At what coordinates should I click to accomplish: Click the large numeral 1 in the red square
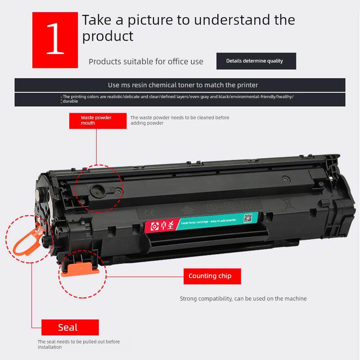tap(55, 40)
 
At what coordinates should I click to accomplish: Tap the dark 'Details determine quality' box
tap(256, 61)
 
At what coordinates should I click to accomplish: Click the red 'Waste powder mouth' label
tap(96, 120)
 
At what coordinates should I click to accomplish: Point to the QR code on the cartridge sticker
tap(247, 218)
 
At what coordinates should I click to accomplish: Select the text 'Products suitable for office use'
tap(146, 62)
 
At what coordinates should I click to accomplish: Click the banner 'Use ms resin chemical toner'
tap(180, 85)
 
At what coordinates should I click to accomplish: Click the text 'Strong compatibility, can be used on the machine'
tap(243, 298)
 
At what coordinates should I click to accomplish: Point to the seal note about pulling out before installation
tap(79, 344)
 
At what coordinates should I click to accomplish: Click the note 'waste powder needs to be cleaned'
tap(180, 120)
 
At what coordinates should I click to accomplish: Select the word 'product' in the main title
tap(108, 36)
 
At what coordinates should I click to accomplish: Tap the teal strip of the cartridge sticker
tap(207, 222)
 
